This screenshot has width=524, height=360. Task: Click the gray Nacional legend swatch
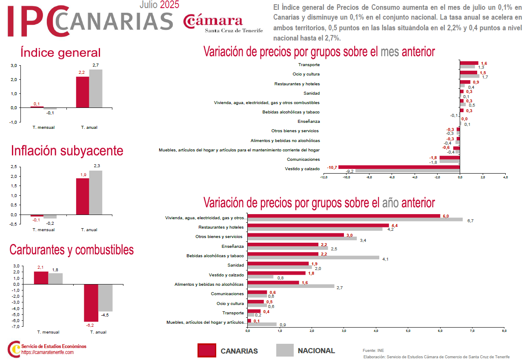(x=285, y=350)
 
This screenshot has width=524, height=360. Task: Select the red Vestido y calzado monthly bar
(x=399, y=167)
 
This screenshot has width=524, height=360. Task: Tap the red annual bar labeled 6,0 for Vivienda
(x=344, y=216)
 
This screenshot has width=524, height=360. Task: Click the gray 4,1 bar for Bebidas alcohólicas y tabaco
(x=313, y=258)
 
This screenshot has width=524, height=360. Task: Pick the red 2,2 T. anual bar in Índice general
(x=83, y=92)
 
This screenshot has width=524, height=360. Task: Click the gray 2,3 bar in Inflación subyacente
(x=96, y=192)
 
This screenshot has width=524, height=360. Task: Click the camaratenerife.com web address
(x=47, y=352)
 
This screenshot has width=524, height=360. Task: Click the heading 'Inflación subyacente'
(x=67, y=151)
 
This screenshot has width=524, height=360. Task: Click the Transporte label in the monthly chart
(x=309, y=65)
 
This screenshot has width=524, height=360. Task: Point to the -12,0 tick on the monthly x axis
(x=324, y=177)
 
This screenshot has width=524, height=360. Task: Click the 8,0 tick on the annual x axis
(x=504, y=330)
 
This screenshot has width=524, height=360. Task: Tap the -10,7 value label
(x=332, y=168)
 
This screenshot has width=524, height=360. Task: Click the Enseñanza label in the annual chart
(x=233, y=247)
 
